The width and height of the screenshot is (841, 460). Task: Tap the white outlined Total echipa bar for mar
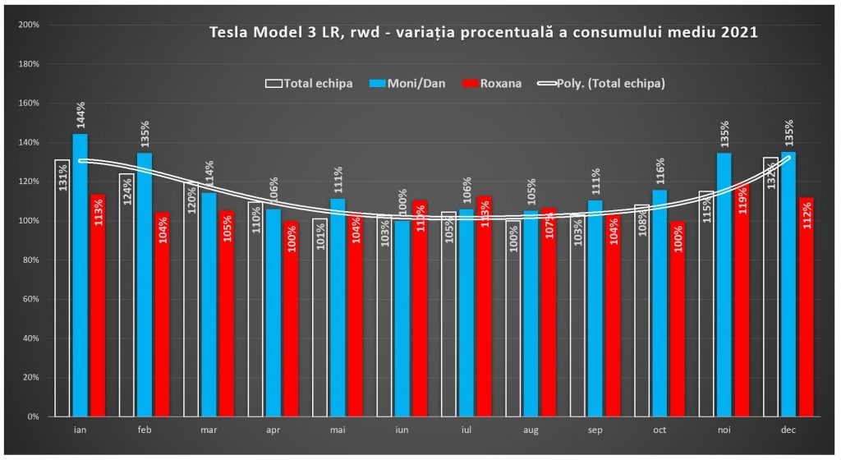(191, 299)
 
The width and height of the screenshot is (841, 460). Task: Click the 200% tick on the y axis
(30, 25)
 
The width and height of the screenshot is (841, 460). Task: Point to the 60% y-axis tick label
(31, 299)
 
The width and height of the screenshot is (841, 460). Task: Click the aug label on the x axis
(530, 430)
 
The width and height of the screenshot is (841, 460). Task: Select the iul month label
(466, 430)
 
